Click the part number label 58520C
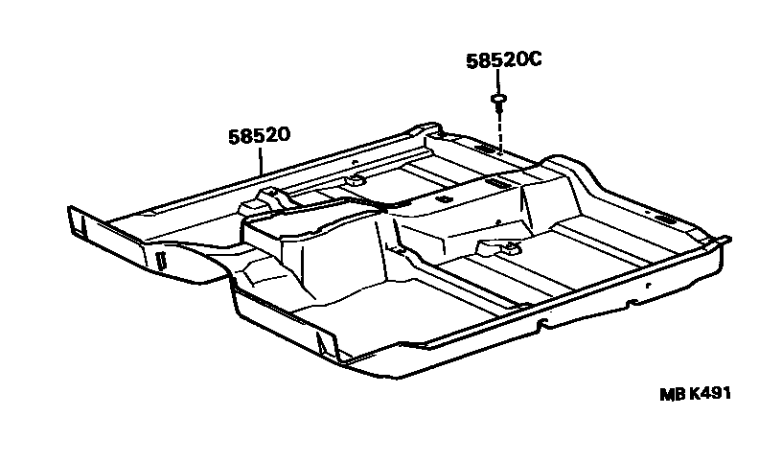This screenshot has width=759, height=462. [x=504, y=60]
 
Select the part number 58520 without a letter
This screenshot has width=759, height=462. [x=260, y=135]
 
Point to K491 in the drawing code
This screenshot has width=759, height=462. [x=709, y=393]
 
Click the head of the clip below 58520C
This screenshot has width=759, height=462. [x=498, y=99]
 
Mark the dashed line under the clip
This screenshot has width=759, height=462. [x=500, y=132]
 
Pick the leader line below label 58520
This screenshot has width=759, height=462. [x=261, y=160]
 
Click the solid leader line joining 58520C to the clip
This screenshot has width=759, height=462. [x=497, y=81]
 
